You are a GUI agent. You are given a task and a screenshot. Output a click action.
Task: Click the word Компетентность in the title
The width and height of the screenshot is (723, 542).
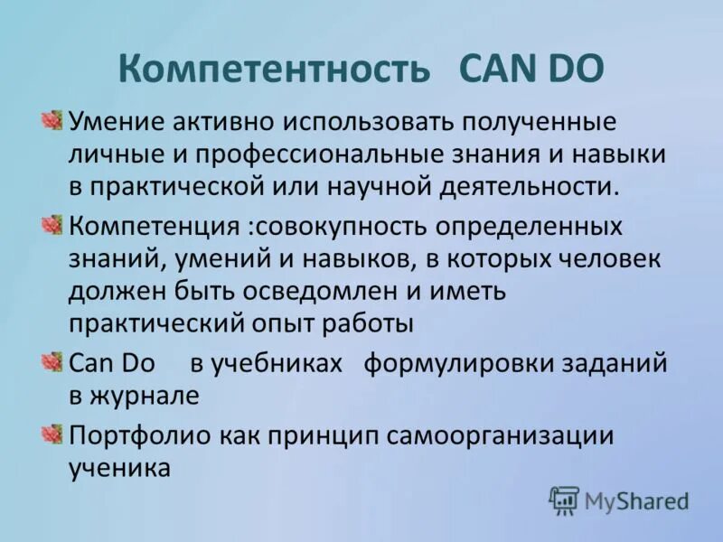(274, 69)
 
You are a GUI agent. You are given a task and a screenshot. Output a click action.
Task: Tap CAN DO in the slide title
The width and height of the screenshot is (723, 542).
(532, 69)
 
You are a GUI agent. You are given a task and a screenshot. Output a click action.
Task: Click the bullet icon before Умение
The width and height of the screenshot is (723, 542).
(52, 120)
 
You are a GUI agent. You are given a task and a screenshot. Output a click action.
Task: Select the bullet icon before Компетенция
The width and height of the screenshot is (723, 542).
(52, 224)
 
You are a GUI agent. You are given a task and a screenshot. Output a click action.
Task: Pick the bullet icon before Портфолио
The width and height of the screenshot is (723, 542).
(52, 435)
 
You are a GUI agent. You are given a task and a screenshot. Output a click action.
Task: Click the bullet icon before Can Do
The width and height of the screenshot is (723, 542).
(52, 363)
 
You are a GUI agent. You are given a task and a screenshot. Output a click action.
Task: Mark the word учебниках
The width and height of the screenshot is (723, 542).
(277, 363)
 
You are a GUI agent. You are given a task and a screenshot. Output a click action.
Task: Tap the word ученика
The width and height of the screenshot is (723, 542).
(119, 468)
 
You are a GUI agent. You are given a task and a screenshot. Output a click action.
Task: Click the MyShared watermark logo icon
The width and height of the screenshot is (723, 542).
(564, 500)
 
